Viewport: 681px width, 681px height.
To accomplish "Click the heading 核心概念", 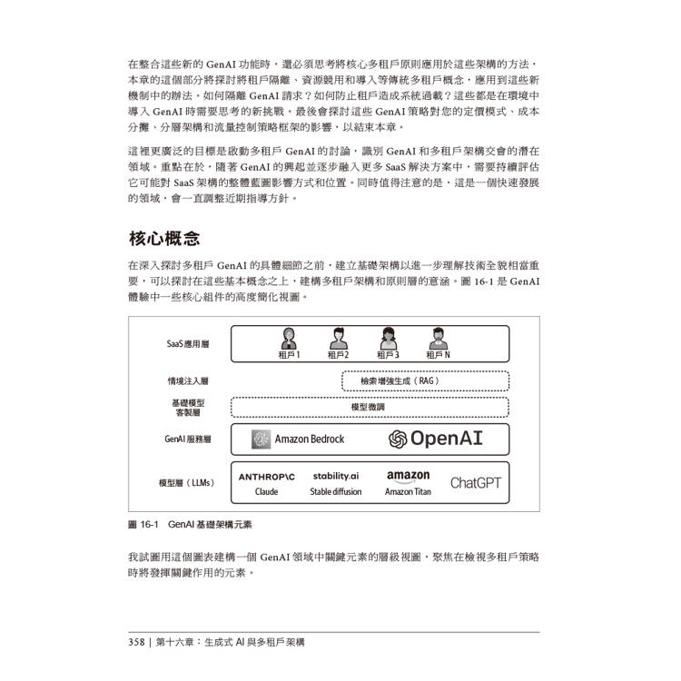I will click(x=163, y=240).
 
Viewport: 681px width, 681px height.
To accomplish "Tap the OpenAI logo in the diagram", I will click(x=436, y=439).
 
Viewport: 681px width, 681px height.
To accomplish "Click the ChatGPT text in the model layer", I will click(x=475, y=483).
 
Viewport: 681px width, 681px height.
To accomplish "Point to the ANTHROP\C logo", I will click(x=267, y=476).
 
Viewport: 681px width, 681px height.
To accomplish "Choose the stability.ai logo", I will click(x=336, y=475).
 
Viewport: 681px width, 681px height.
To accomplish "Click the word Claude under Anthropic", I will click(x=267, y=492).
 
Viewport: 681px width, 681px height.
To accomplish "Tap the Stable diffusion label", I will click(x=336, y=492).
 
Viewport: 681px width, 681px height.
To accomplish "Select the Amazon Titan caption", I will click(x=409, y=492).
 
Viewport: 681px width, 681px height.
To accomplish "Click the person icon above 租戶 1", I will click(x=289, y=339).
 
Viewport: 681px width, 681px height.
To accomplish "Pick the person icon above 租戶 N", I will click(x=438, y=339).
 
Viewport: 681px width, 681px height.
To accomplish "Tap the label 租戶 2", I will click(x=339, y=355).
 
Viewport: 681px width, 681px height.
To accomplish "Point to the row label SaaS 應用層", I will click(x=188, y=344).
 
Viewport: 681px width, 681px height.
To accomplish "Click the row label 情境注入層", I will click(x=188, y=381).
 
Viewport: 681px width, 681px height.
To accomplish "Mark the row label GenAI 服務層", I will click(x=188, y=439).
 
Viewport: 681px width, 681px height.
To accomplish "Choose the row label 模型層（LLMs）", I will click(x=187, y=483).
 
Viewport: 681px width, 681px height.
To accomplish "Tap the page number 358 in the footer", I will click(x=136, y=642).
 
